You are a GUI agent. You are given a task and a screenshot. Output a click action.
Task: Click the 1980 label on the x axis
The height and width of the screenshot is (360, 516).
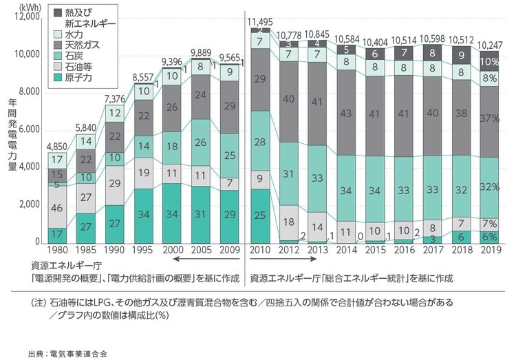coord(58,250)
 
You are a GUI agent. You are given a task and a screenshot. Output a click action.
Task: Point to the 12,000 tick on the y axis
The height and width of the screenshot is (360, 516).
coord(26,17)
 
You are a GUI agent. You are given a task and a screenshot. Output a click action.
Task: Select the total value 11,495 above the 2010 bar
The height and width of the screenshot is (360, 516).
coord(260,22)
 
